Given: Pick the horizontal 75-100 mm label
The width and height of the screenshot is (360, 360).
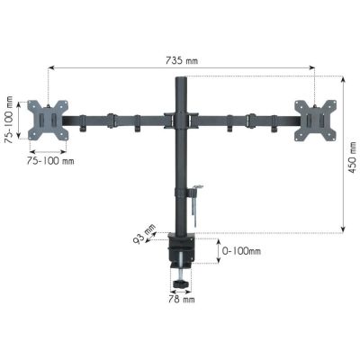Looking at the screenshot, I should tap(49, 162).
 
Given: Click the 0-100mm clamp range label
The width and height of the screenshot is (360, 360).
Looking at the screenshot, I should tap(242, 251).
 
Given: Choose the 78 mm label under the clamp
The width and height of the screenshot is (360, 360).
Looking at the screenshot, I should tap(182, 299).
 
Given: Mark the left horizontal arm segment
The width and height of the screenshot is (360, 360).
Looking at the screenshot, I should tap(117, 120).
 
